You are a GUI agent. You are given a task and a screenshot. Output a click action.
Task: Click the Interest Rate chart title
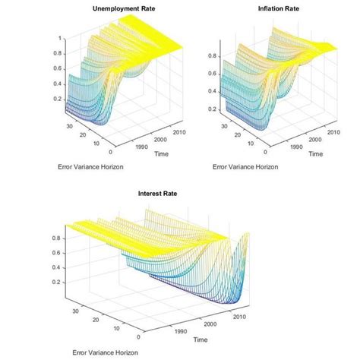click(158, 194)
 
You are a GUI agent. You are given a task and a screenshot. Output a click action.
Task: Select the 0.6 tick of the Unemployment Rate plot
click(58, 68)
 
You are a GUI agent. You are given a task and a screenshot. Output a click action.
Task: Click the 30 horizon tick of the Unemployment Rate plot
click(69, 126)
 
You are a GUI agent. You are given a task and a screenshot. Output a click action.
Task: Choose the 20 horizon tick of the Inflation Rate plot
click(238, 134)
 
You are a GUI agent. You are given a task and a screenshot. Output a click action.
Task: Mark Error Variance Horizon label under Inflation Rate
click(245, 166)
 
